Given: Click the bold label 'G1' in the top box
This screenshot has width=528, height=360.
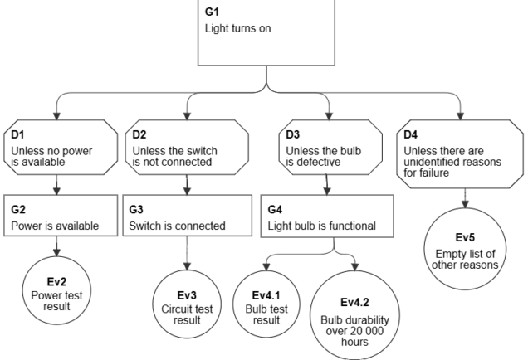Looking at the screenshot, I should [212, 14].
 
